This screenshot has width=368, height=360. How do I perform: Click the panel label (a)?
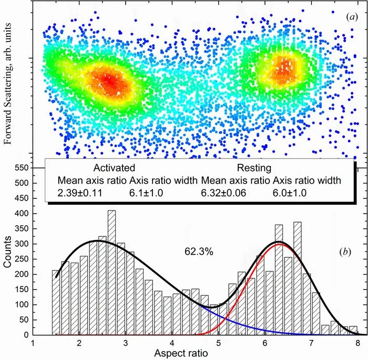pyautogui.click(x=352, y=17)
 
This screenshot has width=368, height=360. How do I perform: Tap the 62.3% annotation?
pyautogui.click(x=199, y=252)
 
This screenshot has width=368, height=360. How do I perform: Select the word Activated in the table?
pyautogui.click(x=114, y=168)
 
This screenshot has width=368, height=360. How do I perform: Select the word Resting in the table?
pyautogui.click(x=254, y=168)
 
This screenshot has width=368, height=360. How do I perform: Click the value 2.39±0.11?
pyautogui.click(x=80, y=193)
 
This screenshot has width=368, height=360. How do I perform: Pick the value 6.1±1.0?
pyautogui.click(x=146, y=193)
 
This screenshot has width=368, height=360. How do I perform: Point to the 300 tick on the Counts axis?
pyautogui.click(x=20, y=244)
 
